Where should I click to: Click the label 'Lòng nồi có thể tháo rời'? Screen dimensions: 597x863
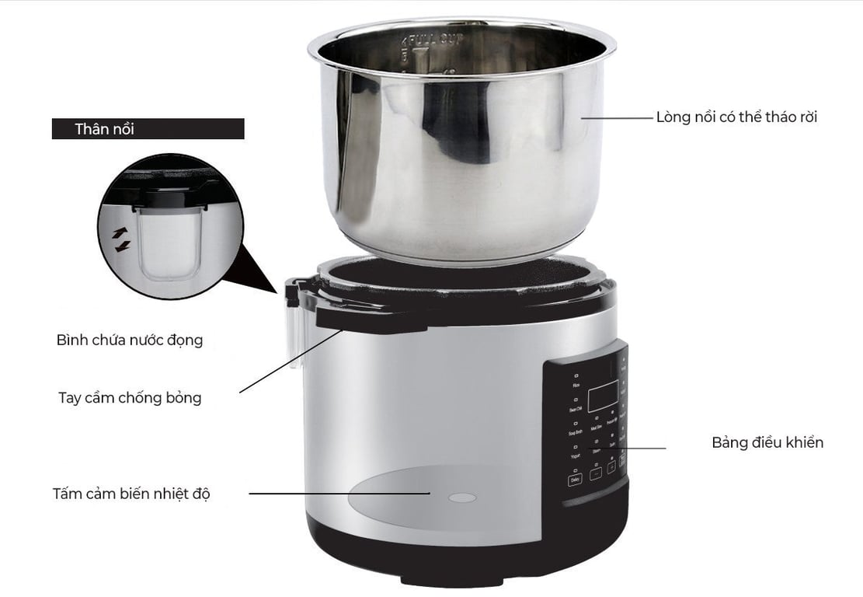(736, 117)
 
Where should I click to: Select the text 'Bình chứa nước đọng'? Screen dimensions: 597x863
(130, 340)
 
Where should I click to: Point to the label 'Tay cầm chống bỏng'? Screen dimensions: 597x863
(130, 398)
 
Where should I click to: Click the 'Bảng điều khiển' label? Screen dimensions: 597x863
(767, 442)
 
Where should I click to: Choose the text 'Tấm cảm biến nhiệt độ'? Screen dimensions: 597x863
(131, 494)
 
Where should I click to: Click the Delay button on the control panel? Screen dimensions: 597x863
(575, 480)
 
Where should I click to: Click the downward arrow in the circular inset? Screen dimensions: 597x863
(122, 246)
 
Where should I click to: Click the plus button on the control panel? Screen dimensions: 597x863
(611, 468)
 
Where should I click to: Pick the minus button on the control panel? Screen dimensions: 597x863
(596, 473)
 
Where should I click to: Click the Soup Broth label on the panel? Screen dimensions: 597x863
(576, 431)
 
